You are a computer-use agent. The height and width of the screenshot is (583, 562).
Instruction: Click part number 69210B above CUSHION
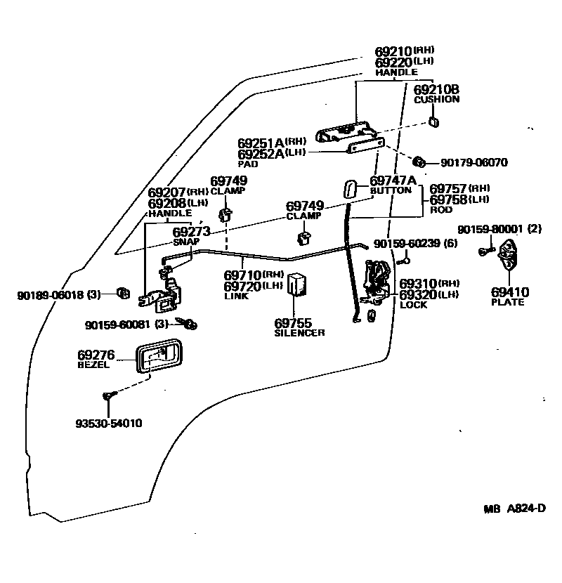[436, 89]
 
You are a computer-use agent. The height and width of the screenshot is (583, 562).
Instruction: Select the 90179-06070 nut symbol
[419, 162]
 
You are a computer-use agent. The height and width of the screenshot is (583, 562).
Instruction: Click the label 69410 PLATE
[510, 296]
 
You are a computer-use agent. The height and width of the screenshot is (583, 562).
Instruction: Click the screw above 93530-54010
[108, 398]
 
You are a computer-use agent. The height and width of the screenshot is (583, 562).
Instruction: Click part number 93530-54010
[109, 424]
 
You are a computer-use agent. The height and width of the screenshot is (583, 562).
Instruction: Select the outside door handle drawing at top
[345, 131]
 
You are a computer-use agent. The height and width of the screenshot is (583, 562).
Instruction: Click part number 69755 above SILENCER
[293, 323]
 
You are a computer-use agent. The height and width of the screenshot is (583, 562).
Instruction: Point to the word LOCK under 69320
[413, 305]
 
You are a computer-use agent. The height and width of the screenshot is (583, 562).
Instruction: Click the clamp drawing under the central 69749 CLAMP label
[305, 239]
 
